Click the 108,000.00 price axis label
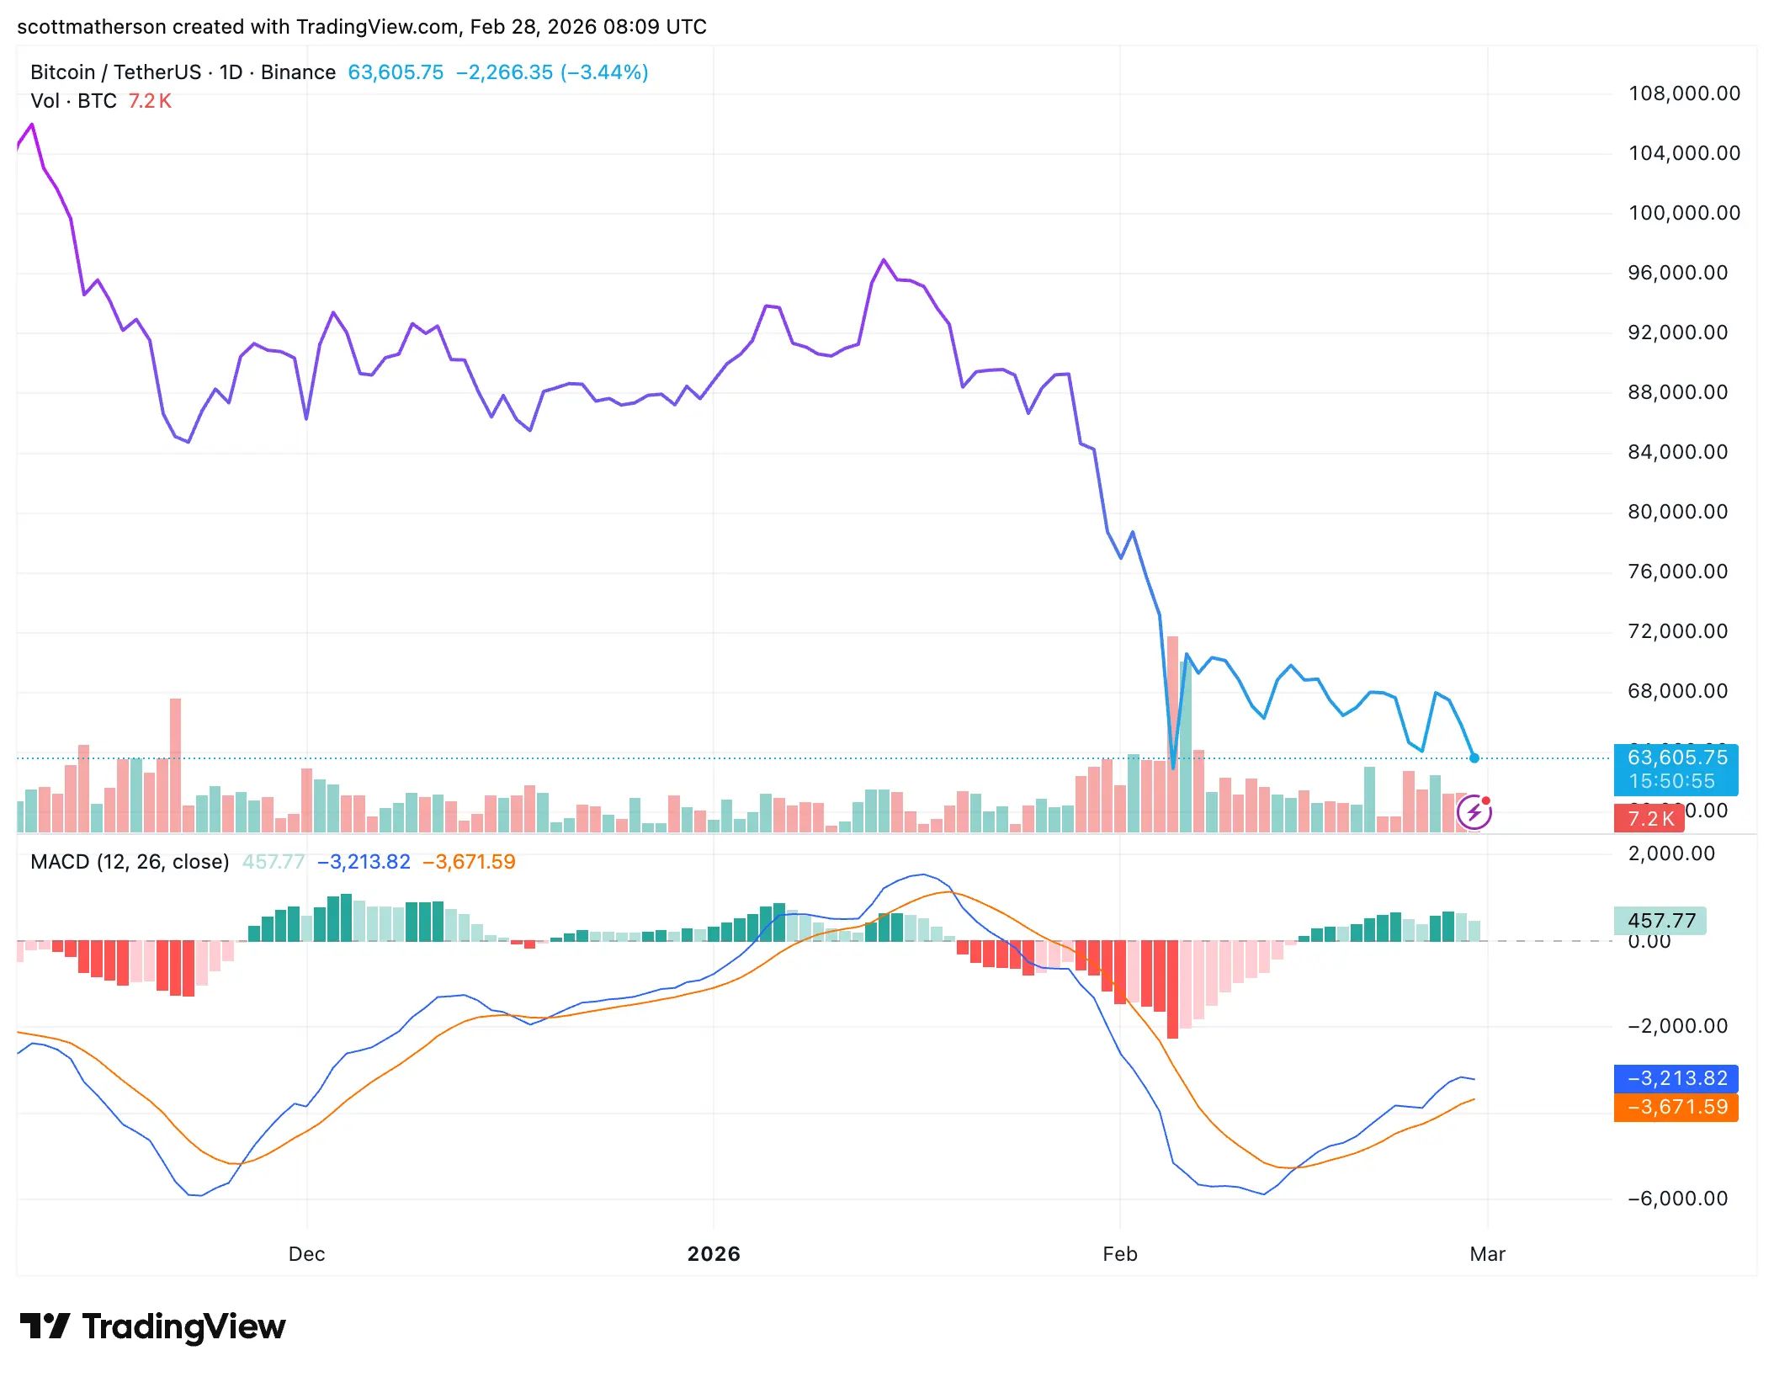point(1684,93)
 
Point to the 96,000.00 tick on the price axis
point(1677,273)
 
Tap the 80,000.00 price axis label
point(1677,512)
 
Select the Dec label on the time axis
point(306,1254)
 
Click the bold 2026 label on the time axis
point(714,1254)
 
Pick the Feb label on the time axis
point(1119,1254)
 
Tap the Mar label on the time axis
point(1487,1254)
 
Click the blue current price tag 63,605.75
point(1676,758)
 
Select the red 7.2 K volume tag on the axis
point(1649,819)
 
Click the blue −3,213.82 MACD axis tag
point(1676,1078)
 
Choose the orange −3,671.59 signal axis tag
point(1676,1107)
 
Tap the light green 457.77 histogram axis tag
point(1660,921)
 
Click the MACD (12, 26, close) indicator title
point(130,862)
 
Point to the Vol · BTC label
point(73,101)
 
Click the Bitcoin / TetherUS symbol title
point(115,72)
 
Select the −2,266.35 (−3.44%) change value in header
point(552,72)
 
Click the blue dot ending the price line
point(1474,758)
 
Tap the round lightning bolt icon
point(1474,812)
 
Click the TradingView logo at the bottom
point(152,1327)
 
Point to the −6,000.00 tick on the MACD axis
point(1677,1199)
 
